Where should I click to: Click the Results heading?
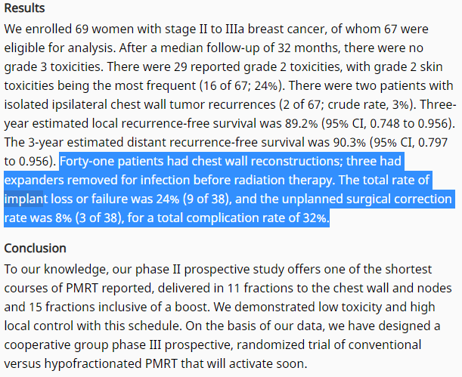tap(24, 8)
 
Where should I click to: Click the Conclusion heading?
tap(35, 249)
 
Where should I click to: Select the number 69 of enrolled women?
tap(82, 29)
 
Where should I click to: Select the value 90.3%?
tap(349, 143)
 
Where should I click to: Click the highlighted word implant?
tap(23, 199)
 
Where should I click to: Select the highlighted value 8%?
tap(64, 218)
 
